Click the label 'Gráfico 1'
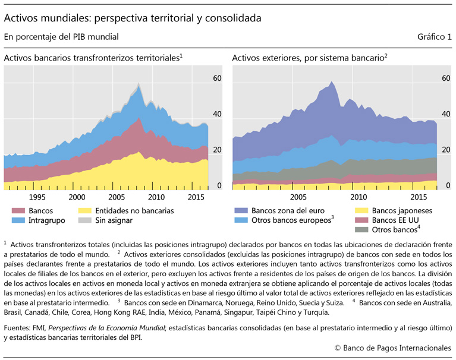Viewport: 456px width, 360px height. (435, 37)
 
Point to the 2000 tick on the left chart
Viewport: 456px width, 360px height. (77, 197)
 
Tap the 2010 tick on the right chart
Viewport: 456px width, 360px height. (358, 197)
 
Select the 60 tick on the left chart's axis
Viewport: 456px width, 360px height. (218, 78)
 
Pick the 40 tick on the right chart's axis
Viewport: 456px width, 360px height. (446, 114)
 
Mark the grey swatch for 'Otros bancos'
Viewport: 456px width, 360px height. (361, 230)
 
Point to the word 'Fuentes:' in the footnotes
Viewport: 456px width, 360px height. (18, 327)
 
